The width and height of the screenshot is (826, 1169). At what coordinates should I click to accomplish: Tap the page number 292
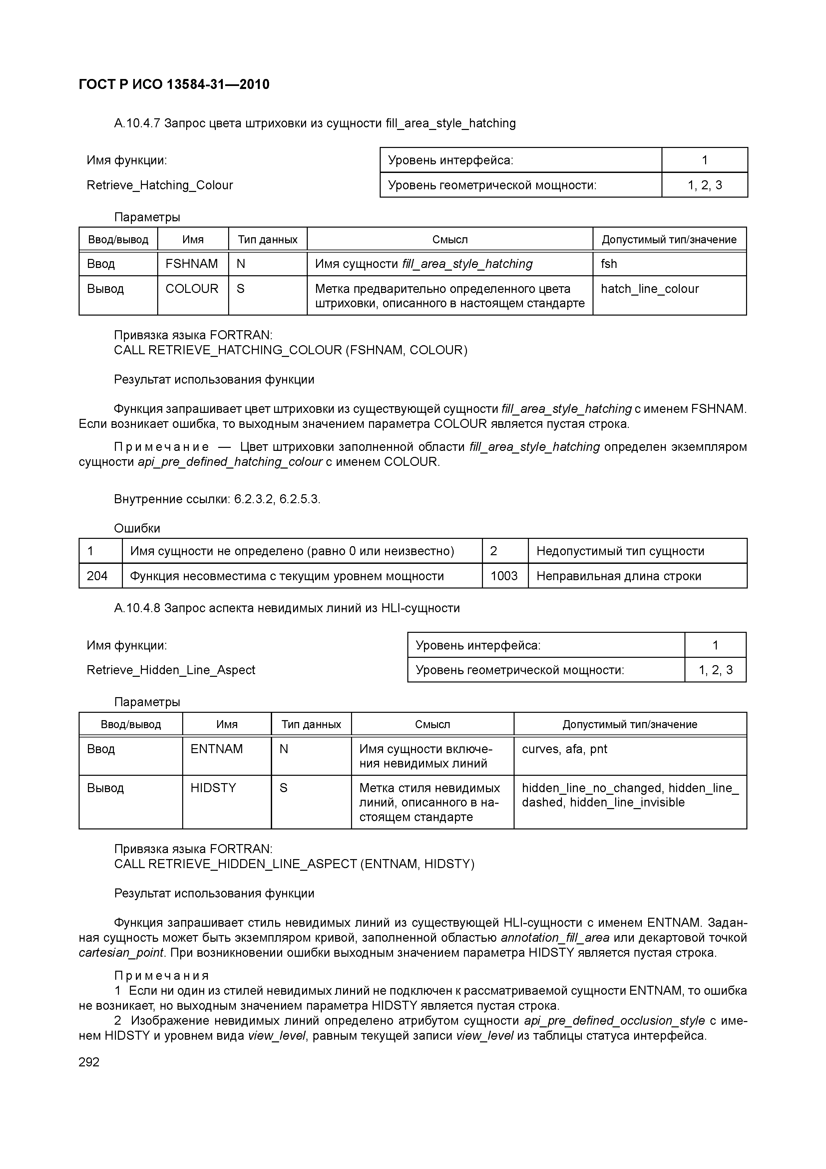point(89,1062)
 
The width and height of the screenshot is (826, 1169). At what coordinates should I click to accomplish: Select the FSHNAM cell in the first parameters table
point(192,264)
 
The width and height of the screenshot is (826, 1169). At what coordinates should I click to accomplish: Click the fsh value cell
point(609,264)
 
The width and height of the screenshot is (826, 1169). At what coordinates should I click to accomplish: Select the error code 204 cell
point(97,576)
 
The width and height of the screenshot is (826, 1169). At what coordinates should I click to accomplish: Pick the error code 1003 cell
point(504,576)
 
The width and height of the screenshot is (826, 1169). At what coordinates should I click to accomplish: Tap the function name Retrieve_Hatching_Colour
point(160,185)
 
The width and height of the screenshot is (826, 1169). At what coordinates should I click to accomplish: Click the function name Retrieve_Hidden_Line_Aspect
point(171,670)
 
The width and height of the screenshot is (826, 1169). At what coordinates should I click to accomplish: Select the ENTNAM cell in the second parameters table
point(217,749)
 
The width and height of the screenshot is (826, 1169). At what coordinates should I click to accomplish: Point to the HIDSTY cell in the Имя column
point(213,788)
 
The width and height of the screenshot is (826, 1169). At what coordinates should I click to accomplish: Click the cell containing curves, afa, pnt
point(565,749)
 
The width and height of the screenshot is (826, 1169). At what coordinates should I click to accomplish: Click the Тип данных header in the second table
point(311,724)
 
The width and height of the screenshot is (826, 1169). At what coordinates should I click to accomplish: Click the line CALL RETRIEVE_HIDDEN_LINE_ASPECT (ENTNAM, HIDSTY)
point(294,864)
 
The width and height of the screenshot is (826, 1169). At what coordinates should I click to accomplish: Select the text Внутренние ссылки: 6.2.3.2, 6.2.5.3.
point(217,499)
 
